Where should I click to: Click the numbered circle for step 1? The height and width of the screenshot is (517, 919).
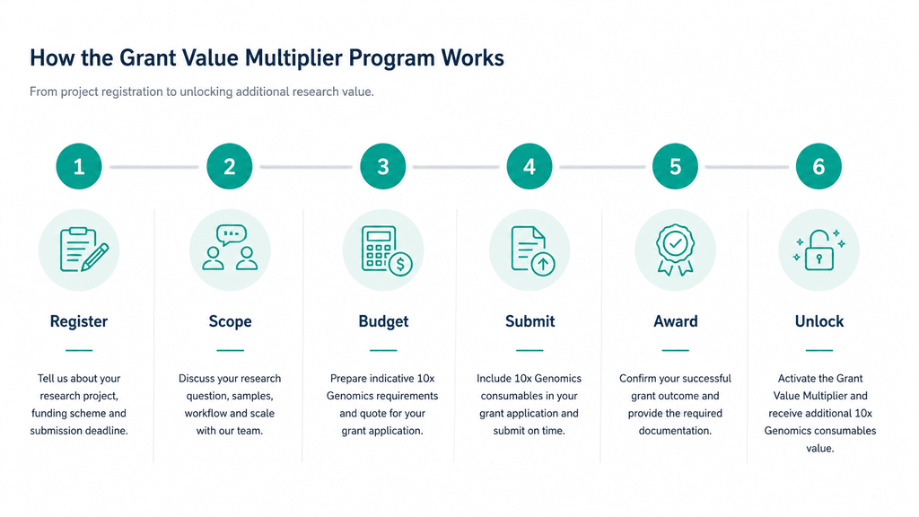[79, 166]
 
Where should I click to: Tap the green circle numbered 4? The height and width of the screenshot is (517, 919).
[530, 166]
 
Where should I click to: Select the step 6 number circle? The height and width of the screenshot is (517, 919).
[818, 166]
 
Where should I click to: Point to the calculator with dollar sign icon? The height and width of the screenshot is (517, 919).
[387, 250]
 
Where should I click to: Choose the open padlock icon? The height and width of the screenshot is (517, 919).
[819, 250]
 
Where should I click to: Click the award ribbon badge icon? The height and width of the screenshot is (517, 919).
[675, 250]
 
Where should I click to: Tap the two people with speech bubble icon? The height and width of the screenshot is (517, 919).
[230, 248]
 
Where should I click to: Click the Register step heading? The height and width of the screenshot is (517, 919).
[79, 321]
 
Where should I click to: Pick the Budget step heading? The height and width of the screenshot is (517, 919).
[383, 321]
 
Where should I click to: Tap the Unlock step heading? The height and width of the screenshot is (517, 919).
[819, 321]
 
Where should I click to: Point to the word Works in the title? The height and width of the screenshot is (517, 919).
[472, 58]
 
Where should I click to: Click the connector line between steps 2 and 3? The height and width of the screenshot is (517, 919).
[307, 167]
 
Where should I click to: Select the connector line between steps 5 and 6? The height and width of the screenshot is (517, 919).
[748, 167]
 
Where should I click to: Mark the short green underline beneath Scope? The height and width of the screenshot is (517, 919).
[231, 351]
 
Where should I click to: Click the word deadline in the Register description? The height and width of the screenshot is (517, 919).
[107, 431]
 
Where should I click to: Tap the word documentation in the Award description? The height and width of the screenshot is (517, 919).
[675, 431]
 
